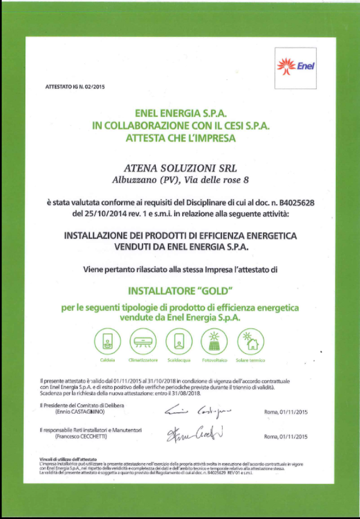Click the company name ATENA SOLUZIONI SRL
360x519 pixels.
(180, 168)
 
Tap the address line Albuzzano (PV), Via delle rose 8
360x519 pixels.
(180, 180)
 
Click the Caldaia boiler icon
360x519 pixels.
(107, 341)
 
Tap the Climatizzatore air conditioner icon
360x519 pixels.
(143, 341)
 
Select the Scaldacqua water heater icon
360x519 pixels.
(179, 341)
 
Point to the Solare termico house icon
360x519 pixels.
(250, 341)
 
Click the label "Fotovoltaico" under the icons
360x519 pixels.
(214, 361)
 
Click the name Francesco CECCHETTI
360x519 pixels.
(84, 436)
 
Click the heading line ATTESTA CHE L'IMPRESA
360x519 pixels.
(180, 139)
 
